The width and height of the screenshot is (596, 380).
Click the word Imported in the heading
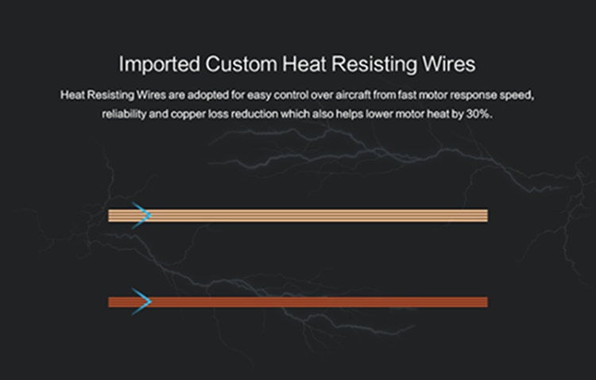tap(159, 64)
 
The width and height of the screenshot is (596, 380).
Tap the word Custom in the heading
tap(241, 63)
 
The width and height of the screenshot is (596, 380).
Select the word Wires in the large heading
tap(448, 63)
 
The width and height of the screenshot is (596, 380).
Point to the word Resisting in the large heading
tap(374, 64)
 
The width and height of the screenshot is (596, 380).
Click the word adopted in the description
tap(207, 95)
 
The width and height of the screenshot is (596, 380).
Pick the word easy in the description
tap(259, 96)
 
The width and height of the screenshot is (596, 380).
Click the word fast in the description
tap(407, 95)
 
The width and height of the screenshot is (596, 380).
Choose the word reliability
tap(124, 114)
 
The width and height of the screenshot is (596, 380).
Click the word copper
tap(188, 115)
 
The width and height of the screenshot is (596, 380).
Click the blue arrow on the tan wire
tap(141, 216)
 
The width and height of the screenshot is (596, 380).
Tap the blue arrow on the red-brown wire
tap(141, 301)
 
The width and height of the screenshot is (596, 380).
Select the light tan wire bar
tap(298, 216)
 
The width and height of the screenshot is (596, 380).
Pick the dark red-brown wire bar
tap(298, 302)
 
